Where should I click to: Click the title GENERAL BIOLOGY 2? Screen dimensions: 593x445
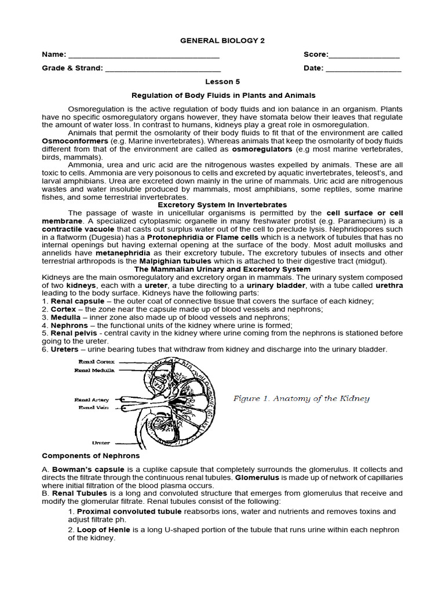(222, 41)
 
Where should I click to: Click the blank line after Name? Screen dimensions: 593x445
(144, 57)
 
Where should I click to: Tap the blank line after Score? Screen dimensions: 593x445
(364, 57)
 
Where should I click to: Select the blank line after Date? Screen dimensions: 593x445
(363, 69)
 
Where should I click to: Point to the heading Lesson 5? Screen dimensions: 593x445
(222, 82)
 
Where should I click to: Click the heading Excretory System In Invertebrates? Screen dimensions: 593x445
(222, 205)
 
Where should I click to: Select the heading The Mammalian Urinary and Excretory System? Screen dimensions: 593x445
(222, 269)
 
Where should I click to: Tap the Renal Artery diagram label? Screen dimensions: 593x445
(92, 400)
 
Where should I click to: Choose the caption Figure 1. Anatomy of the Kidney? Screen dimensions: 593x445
(301, 398)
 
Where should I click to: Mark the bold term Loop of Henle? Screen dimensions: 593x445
(101, 530)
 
